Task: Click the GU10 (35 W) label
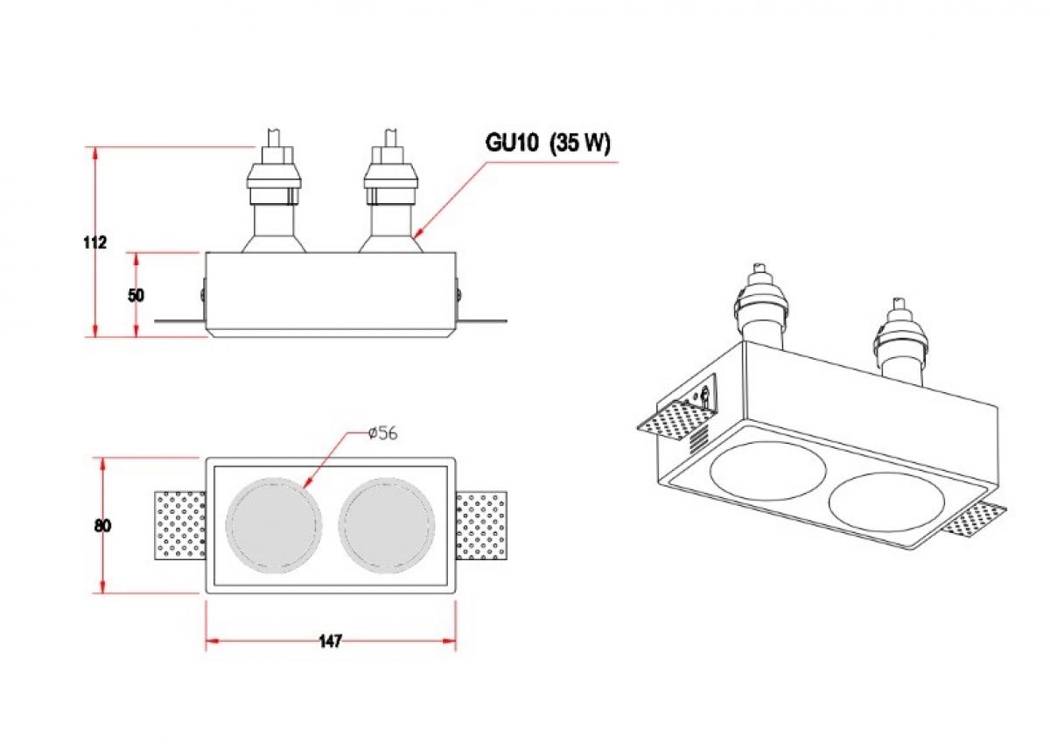tap(548, 144)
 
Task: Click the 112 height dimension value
tap(95, 242)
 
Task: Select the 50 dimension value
tap(136, 295)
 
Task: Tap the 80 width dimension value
tap(102, 526)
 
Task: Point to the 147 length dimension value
tap(330, 642)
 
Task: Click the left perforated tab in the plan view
tap(180, 526)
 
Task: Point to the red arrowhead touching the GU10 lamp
tap(417, 234)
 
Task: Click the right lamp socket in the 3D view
tap(898, 341)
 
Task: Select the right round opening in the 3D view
tap(887, 507)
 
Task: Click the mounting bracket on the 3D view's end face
tap(703, 396)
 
